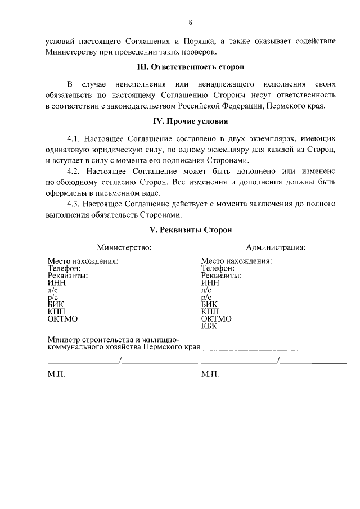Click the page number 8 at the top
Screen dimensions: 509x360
pos(190,22)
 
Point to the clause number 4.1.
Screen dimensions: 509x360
pos(75,138)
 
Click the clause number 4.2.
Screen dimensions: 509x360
pos(75,170)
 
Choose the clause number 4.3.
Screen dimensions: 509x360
pos(75,202)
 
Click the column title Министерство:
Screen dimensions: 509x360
pos(124,247)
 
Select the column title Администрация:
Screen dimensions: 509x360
pos(276,247)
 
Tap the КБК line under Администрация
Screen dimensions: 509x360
pos(209,326)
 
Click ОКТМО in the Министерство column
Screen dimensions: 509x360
pos(62,319)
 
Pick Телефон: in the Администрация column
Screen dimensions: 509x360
pos(220,268)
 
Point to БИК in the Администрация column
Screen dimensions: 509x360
pos(210,304)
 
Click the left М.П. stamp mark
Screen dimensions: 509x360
pos(57,374)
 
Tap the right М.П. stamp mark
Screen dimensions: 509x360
pos(210,374)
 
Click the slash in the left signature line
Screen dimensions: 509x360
pos(120,360)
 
